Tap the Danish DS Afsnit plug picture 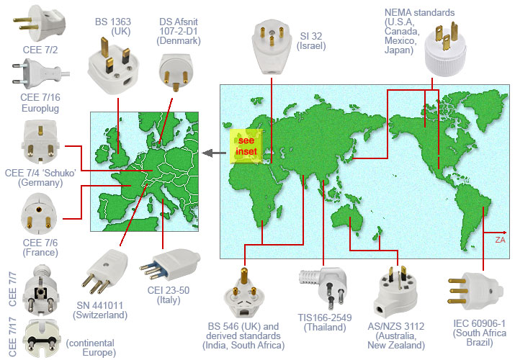point(174,73)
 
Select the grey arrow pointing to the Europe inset point(211,152)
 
